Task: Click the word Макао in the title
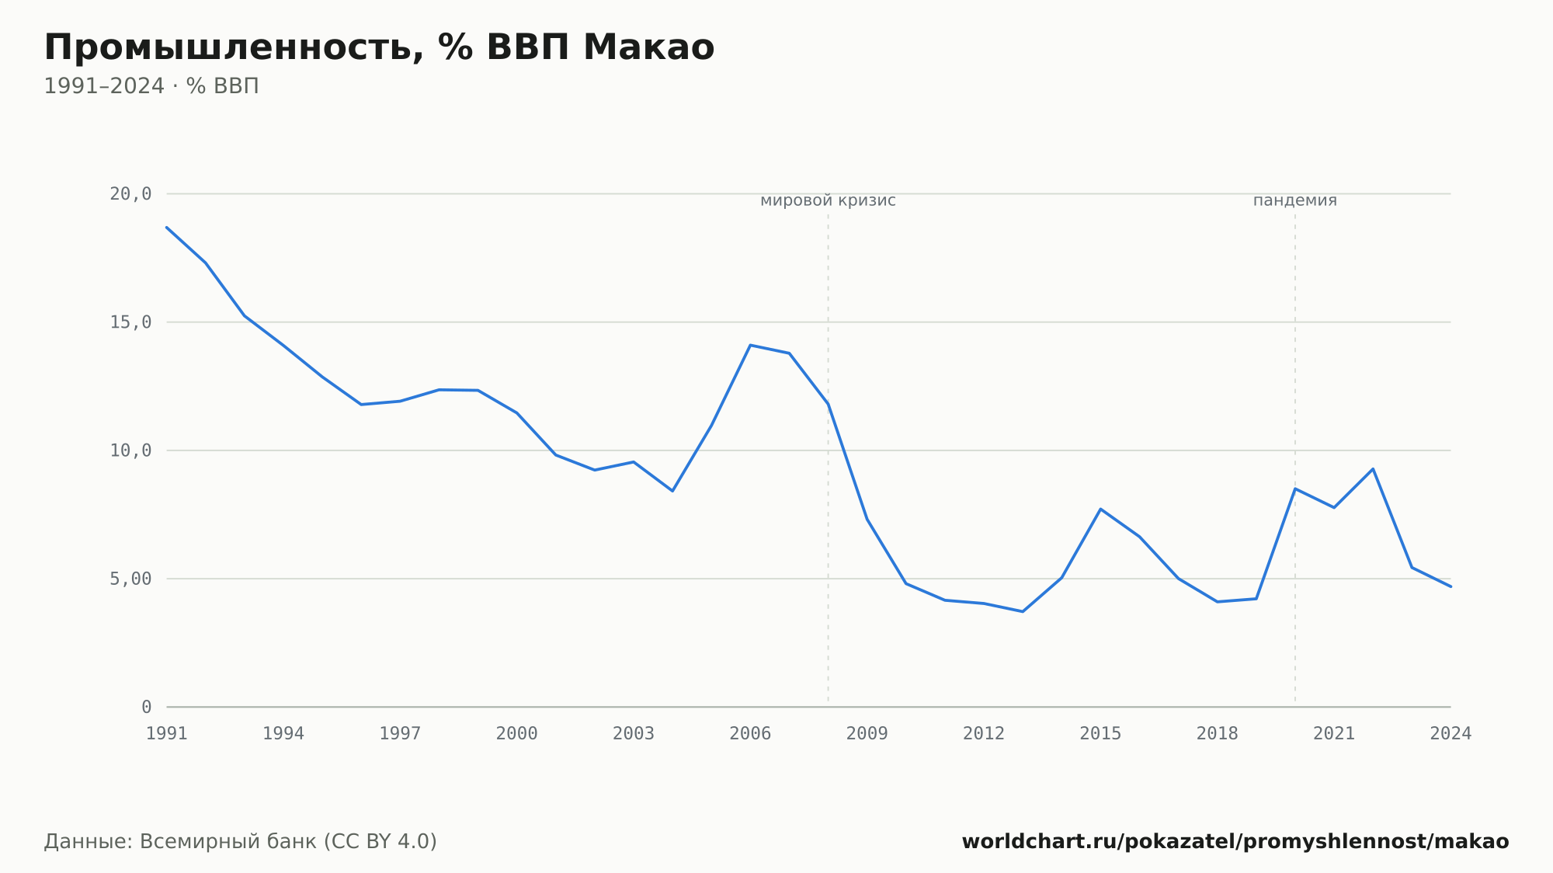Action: click(x=648, y=47)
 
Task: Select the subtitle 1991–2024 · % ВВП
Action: click(x=151, y=86)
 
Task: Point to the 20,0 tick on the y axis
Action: click(x=130, y=194)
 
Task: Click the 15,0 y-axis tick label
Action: click(x=130, y=322)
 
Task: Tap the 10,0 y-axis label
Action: click(x=130, y=450)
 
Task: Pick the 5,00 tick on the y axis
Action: click(x=130, y=579)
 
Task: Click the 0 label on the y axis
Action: click(x=147, y=708)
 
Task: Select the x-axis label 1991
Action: click(x=167, y=734)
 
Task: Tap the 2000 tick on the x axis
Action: click(x=517, y=734)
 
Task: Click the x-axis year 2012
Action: click(x=984, y=734)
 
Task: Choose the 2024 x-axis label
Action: click(x=1451, y=734)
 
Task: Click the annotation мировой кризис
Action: click(x=828, y=201)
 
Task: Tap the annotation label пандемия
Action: click(x=1295, y=201)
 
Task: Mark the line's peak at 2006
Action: click(x=750, y=345)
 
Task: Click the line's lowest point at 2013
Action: click(x=1023, y=612)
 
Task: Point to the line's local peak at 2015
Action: click(x=1100, y=509)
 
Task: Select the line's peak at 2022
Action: click(x=1373, y=468)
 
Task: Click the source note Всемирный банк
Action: click(x=228, y=842)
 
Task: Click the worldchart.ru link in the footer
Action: click(x=1235, y=842)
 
